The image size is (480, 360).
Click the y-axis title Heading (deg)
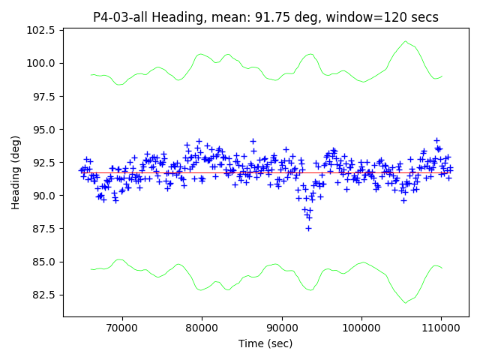[x=16, y=172]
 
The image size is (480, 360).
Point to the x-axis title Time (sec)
[x=265, y=343]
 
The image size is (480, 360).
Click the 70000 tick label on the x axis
[x=121, y=328]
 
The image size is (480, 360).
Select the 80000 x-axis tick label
[x=202, y=328]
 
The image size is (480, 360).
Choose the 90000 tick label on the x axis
[x=281, y=328]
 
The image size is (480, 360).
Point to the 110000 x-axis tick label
[x=441, y=328]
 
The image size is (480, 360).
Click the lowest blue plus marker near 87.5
[x=308, y=228]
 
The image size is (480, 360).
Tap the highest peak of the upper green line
[x=406, y=41]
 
